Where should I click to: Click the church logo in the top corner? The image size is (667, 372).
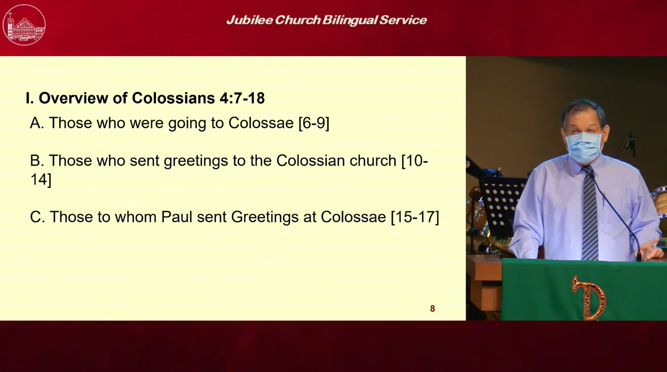click(x=24, y=25)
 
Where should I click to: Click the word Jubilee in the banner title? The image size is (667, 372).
click(x=249, y=20)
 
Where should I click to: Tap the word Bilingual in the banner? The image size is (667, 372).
click(x=349, y=20)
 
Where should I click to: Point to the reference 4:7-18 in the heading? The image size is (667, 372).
click(x=242, y=98)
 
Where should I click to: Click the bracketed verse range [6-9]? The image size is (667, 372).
click(x=314, y=123)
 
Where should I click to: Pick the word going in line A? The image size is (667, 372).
click(x=187, y=123)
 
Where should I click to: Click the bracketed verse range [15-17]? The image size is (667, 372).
click(x=415, y=217)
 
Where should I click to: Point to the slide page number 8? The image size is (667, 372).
click(x=432, y=309)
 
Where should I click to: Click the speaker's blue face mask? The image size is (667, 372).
click(x=584, y=147)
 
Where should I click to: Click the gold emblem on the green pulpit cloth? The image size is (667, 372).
click(x=588, y=298)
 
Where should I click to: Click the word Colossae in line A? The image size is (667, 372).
click(x=261, y=123)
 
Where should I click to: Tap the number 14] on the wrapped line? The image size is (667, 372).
click(x=41, y=179)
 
